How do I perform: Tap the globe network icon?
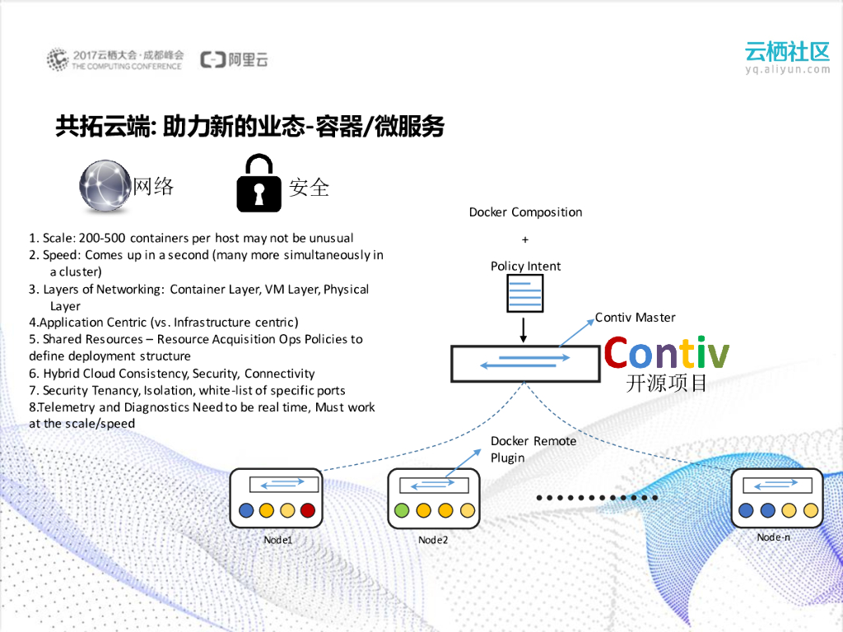click(105, 186)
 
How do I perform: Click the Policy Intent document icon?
click(525, 292)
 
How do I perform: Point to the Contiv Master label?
click(635, 318)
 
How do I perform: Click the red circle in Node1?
click(308, 510)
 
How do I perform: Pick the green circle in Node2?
click(402, 510)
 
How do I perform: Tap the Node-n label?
click(774, 537)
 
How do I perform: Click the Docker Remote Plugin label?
click(533, 449)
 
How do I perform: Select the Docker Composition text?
click(525, 212)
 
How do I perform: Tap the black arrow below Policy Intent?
click(524, 329)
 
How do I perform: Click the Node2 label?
click(433, 540)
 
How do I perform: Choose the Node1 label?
click(278, 540)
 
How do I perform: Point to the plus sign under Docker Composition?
click(525, 239)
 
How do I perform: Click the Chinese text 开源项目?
click(666, 383)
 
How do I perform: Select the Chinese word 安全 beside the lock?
click(309, 187)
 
